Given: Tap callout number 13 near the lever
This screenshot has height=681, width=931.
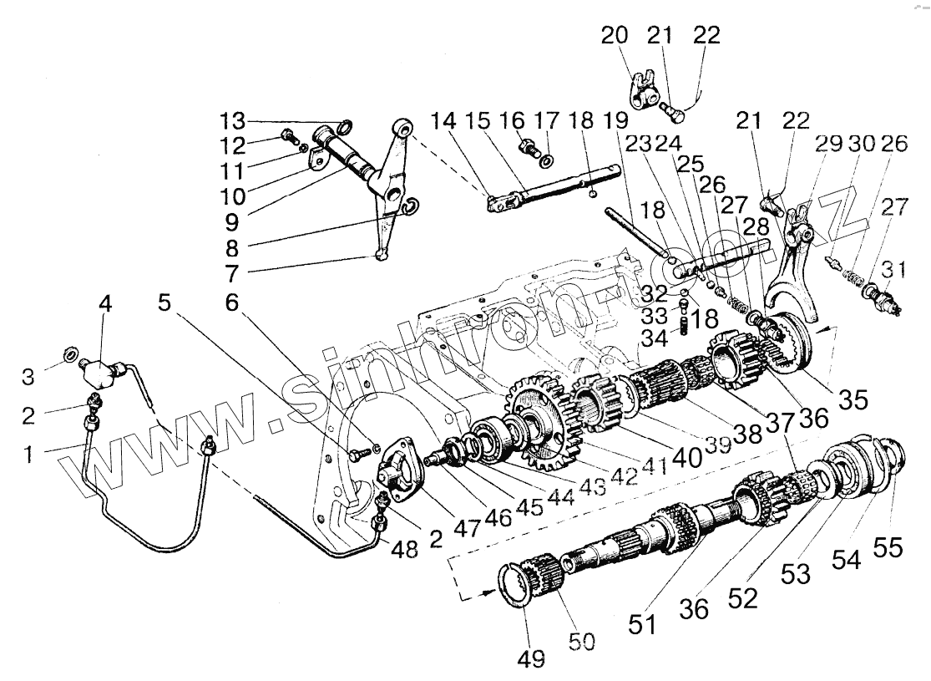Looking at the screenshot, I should tap(234, 116).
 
